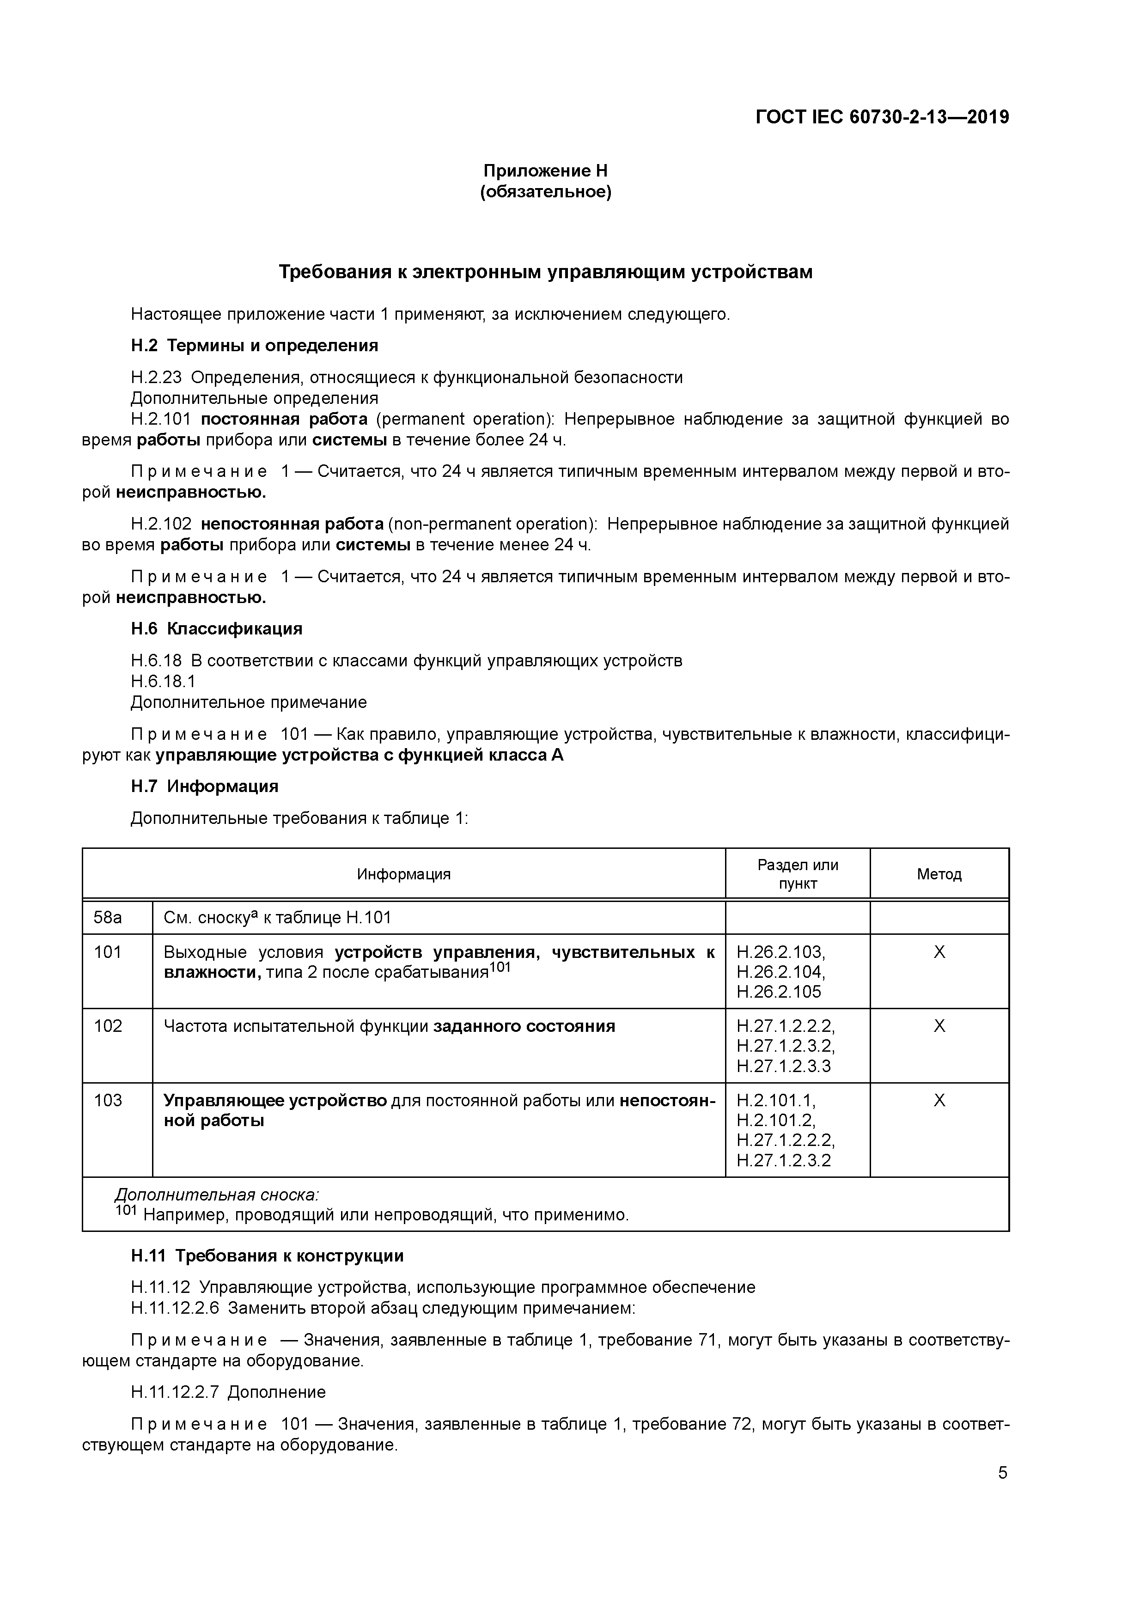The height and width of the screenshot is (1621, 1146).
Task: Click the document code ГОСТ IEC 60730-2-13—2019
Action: coord(882,117)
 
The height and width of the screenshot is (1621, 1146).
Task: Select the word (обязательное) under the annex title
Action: coord(545,192)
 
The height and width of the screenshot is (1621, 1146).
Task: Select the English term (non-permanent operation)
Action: coord(492,524)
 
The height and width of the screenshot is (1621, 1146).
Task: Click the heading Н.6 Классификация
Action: coord(216,628)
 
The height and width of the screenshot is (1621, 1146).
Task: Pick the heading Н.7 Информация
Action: coord(205,786)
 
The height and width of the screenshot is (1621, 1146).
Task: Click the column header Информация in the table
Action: coord(403,874)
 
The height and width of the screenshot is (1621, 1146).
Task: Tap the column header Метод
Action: coord(939,874)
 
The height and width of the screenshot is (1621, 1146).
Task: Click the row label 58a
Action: coord(108,918)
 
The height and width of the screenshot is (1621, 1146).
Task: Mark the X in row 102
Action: coord(939,1026)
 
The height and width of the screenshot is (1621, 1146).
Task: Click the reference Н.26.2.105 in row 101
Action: coord(779,992)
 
